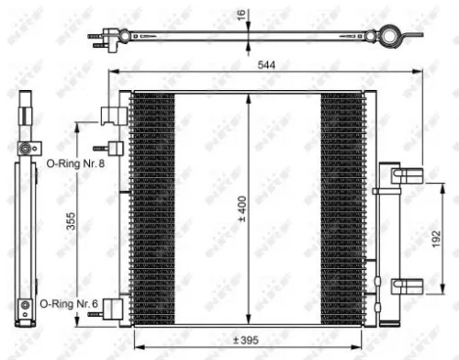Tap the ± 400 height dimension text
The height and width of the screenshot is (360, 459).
click(x=241, y=208)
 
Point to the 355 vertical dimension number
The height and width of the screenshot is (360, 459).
click(x=71, y=225)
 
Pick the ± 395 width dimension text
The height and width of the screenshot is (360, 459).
click(x=242, y=339)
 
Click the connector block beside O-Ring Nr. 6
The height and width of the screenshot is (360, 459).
click(x=113, y=309)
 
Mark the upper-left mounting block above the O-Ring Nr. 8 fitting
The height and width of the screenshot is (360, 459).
click(x=112, y=115)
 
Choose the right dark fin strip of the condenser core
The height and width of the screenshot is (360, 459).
click(x=341, y=207)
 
